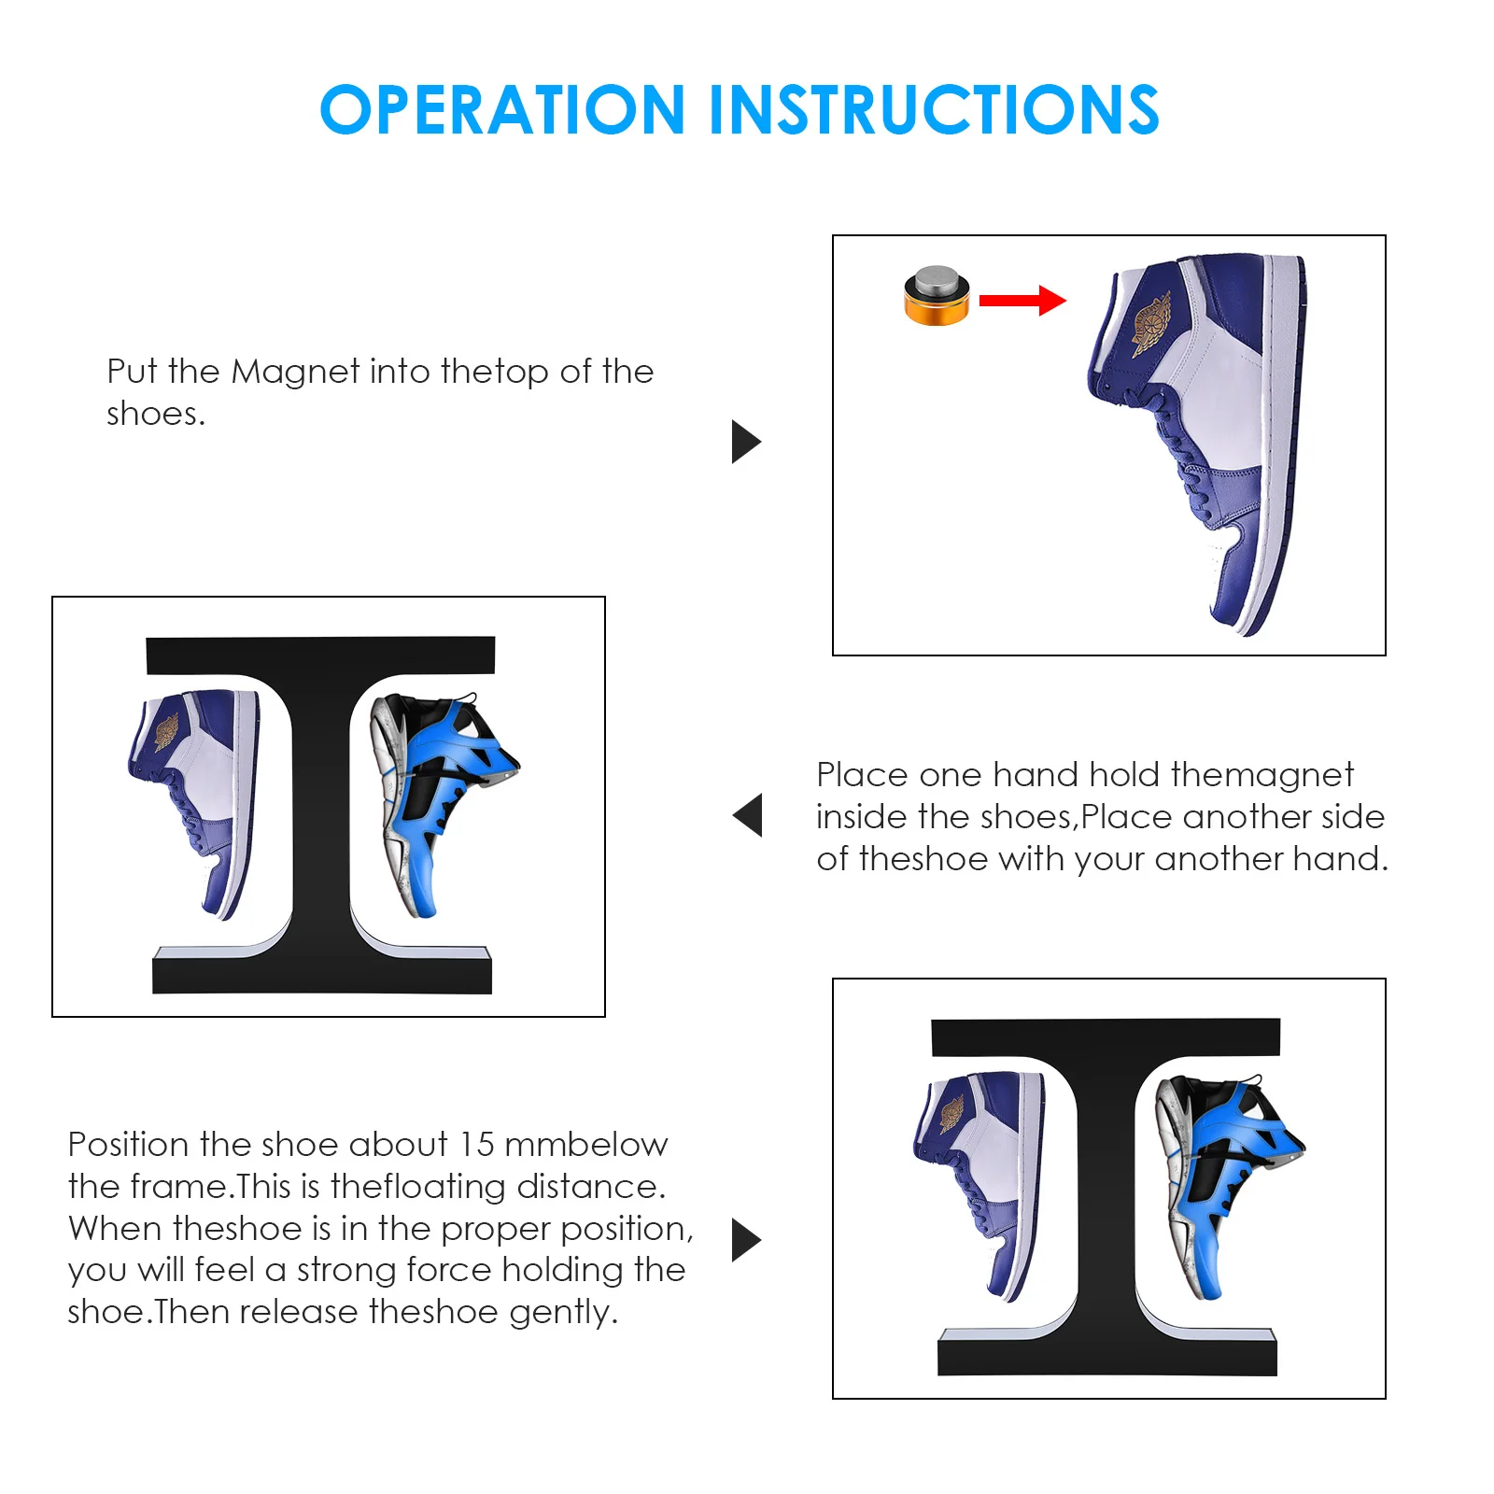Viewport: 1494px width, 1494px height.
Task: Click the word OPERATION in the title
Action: tap(503, 110)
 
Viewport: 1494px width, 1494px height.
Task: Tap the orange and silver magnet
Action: tap(937, 296)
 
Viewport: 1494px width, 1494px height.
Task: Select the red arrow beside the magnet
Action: tap(1022, 300)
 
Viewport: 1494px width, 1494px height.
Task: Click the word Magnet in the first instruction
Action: tap(295, 372)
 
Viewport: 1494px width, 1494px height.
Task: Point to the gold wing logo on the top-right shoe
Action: tap(1150, 323)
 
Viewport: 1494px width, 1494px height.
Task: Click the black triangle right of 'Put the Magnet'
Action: tap(746, 442)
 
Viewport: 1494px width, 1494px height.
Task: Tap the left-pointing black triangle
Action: tap(747, 815)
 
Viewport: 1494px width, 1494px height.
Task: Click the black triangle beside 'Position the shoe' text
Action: tap(746, 1240)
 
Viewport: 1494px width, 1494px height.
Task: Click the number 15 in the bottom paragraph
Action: tap(476, 1145)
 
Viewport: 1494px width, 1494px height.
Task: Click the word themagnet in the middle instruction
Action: tap(1261, 775)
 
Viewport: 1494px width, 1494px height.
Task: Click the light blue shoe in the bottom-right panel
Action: tap(1229, 1187)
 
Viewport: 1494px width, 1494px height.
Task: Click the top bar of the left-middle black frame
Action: tap(320, 655)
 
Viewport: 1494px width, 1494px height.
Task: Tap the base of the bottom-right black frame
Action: tap(1107, 1356)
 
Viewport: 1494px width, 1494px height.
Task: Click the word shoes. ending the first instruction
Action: tap(156, 414)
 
